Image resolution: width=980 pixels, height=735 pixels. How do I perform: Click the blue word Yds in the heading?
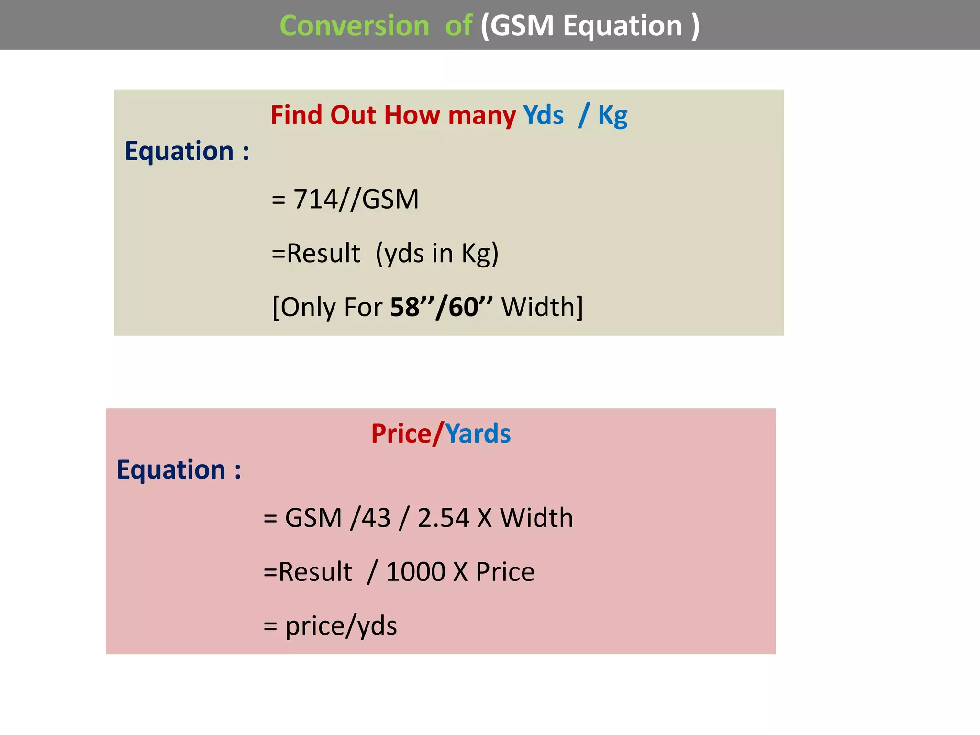[543, 115]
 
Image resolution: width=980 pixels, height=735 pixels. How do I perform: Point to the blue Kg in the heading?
[612, 116]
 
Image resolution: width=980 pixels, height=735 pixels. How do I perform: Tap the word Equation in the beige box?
[179, 151]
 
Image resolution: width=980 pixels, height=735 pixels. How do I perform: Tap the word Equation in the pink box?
[171, 469]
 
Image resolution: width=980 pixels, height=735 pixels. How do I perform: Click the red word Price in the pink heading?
[401, 434]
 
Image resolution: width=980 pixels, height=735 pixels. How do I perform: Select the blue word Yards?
[478, 434]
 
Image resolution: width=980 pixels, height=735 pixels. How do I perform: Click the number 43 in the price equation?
[376, 518]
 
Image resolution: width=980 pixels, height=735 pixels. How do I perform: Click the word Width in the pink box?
[536, 518]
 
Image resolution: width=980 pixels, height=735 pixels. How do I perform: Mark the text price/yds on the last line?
[341, 626]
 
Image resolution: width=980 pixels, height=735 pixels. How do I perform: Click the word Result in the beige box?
[323, 253]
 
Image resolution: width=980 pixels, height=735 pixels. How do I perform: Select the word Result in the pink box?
[315, 572]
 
